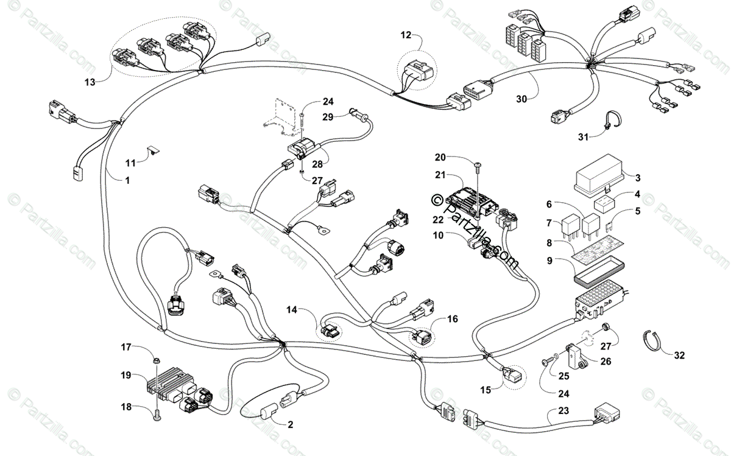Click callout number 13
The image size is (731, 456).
90,82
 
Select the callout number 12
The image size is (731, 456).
406,35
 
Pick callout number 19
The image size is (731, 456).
126,376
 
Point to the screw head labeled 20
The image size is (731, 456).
479,164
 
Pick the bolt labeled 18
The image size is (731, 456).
157,416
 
